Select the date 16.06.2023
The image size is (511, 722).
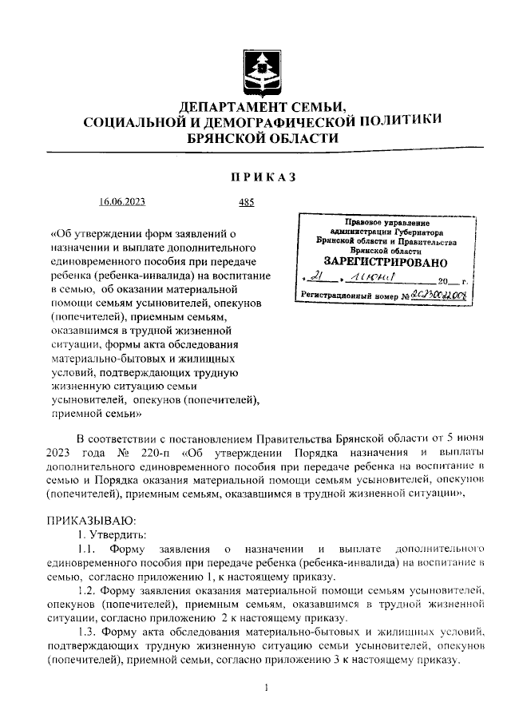pyautogui.click(x=122, y=203)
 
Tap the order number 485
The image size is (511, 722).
pyautogui.click(x=246, y=203)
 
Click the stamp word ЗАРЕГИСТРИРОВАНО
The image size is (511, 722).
pyautogui.click(x=386, y=261)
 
